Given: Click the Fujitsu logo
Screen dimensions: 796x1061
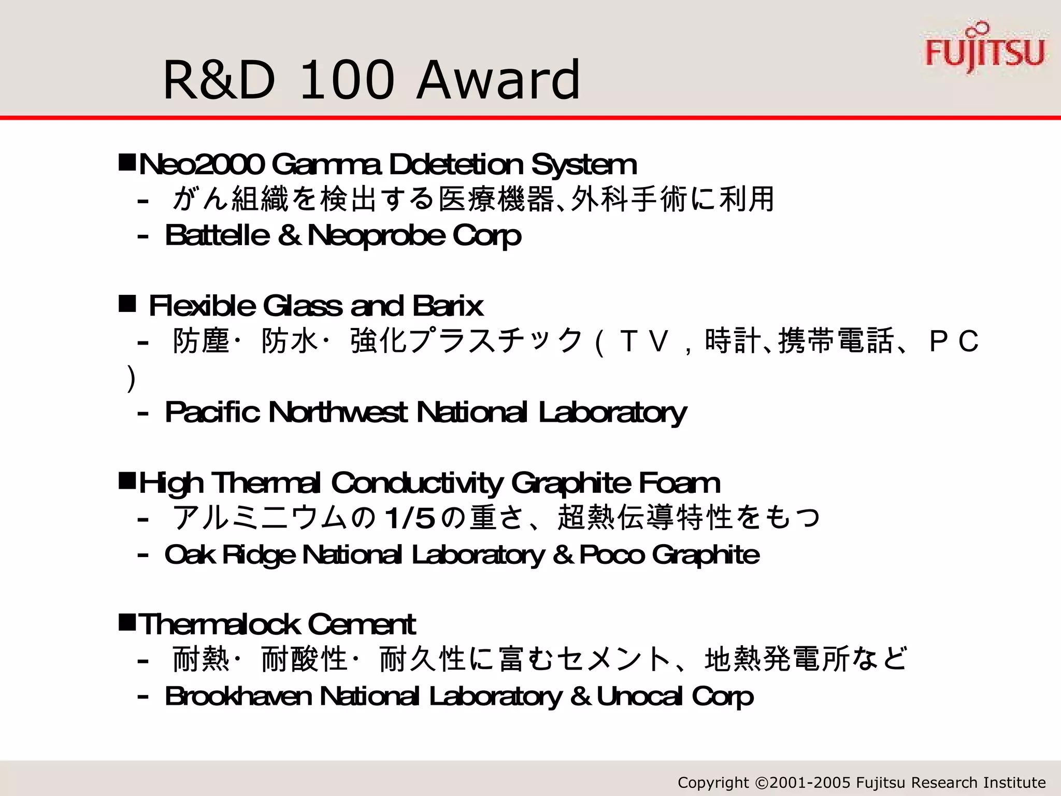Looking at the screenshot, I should tap(985, 49).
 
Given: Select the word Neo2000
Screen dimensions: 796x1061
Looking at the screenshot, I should tap(201, 165).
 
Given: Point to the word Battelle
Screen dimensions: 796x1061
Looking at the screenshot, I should tap(217, 236).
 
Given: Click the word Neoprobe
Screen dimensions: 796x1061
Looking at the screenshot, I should tap(376, 236).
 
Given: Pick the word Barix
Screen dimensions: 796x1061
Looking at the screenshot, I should tap(448, 306).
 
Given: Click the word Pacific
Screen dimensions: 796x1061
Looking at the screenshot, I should tap(212, 413).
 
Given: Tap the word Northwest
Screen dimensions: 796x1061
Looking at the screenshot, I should tap(338, 413).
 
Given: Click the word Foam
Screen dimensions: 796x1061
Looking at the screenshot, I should tap(679, 484).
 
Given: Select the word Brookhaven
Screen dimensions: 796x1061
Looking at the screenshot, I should tap(238, 696).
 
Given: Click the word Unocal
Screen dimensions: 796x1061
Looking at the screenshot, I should tap(640, 696).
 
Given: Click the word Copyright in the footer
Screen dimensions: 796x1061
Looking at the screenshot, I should tap(713, 783).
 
